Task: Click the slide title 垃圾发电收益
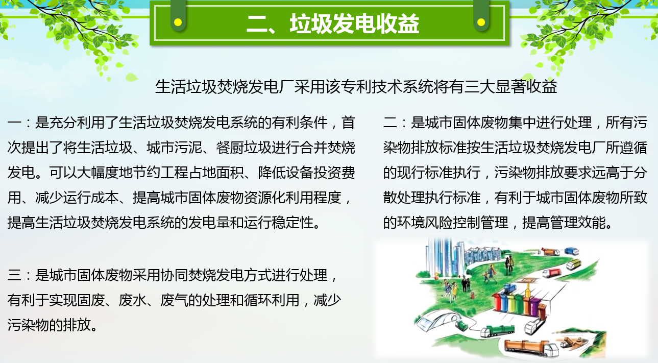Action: pyautogui.click(x=354, y=23)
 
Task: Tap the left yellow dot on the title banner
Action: pyautogui.click(x=178, y=22)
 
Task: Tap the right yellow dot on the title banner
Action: pyautogui.click(x=481, y=22)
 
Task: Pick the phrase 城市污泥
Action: pyautogui.click(x=175, y=148)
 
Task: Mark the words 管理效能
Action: pyautogui.click(x=577, y=223)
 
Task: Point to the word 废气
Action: pyautogui.click(x=175, y=300)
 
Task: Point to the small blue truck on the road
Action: pyautogui.click(x=571, y=251)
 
